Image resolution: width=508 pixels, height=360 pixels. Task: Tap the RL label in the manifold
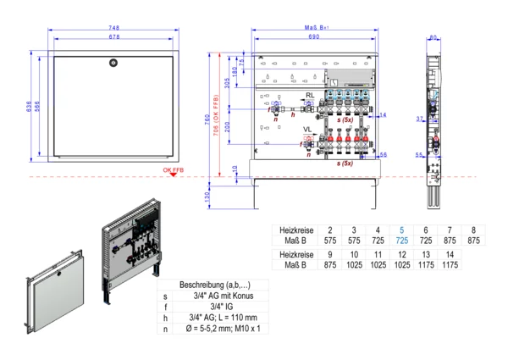[x=311, y=95]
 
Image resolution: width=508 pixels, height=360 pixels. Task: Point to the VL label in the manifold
[x=311, y=130]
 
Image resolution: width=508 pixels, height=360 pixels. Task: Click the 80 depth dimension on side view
[x=433, y=38]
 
